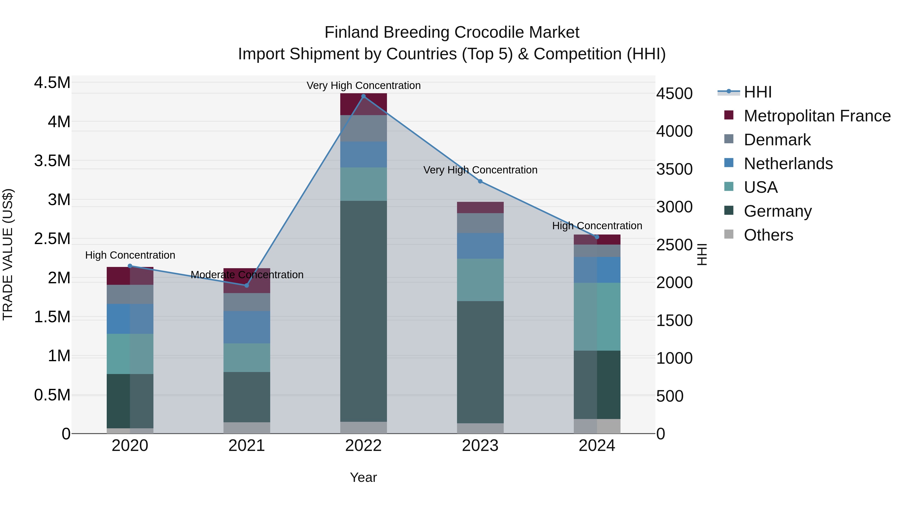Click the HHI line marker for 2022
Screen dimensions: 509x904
pyautogui.click(x=364, y=96)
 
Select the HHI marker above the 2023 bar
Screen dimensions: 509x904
pyautogui.click(x=480, y=181)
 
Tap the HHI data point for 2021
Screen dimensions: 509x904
pyautogui.click(x=247, y=286)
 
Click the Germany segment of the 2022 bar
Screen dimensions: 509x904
pyautogui.click(x=364, y=311)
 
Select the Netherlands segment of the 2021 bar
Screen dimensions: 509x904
pyautogui.click(x=247, y=327)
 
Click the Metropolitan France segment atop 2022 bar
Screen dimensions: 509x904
pyautogui.click(x=364, y=104)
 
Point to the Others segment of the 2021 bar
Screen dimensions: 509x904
pyautogui.click(x=247, y=428)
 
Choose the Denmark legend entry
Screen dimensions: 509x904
pyautogui.click(x=777, y=140)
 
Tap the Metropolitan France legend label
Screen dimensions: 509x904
pyautogui.click(x=817, y=116)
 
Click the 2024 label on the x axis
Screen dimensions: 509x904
pyautogui.click(x=597, y=446)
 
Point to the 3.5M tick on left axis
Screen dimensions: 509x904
pyautogui.click(x=52, y=161)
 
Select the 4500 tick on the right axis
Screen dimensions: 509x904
pyautogui.click(x=674, y=94)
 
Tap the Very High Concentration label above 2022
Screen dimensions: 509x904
pyautogui.click(x=364, y=85)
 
